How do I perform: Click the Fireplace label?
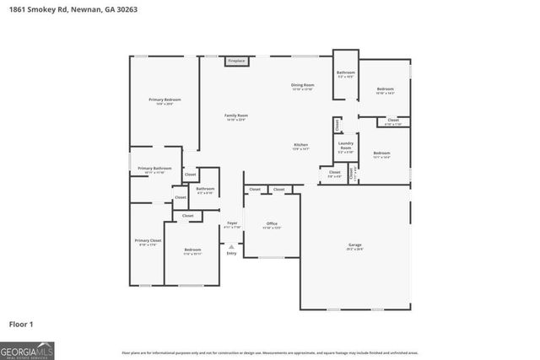pos(237,62)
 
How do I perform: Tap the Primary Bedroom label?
pos(165,100)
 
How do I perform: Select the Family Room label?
pos(236,116)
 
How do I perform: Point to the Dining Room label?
pos(303,85)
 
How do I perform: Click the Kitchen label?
pos(300,145)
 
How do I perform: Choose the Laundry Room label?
pos(346,145)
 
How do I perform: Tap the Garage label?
pos(355,245)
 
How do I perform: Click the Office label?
pos(272,223)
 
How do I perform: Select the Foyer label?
pos(232,223)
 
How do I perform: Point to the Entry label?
pos(231,253)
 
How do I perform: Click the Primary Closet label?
pos(148,240)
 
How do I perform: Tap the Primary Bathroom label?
pos(154,169)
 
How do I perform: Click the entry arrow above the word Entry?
pos(231,245)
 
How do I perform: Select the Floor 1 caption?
pos(22,323)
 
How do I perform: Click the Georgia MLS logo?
pos(28,348)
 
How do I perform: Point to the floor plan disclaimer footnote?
pos(270,352)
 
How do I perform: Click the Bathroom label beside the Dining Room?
pos(346,73)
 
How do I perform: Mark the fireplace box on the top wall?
pos(237,62)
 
